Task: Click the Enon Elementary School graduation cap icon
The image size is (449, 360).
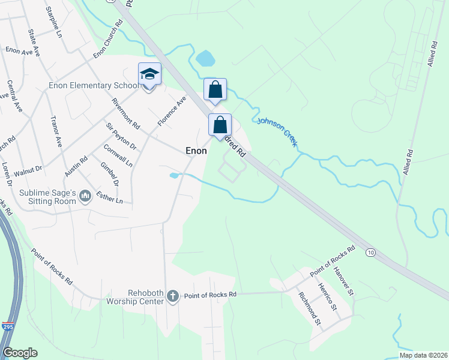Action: tap(149, 74)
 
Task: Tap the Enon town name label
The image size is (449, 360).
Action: tap(196, 151)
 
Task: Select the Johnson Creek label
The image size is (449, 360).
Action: tap(277, 131)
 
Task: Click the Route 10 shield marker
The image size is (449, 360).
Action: tap(370, 253)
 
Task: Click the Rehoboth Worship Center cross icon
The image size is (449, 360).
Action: tap(173, 295)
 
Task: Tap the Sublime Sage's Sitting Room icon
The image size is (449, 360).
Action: tap(85, 196)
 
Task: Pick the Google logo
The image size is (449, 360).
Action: tap(20, 353)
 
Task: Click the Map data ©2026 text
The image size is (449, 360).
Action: tap(423, 355)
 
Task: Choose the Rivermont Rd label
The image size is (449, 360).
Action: tap(125, 114)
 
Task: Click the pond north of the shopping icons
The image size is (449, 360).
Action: tap(205, 58)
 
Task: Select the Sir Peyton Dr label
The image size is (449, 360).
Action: tap(121, 136)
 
